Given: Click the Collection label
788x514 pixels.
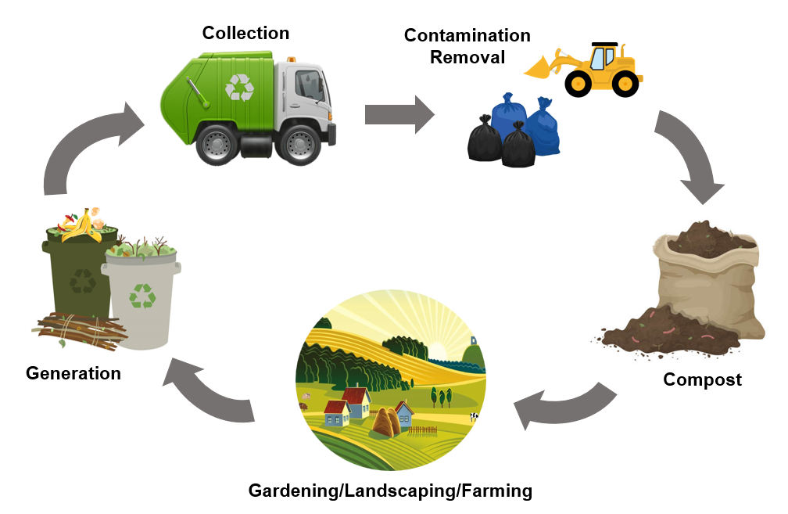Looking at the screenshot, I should [x=245, y=33].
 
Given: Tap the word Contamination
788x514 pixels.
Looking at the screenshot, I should [x=467, y=36].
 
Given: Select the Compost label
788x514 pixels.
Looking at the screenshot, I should [x=702, y=380].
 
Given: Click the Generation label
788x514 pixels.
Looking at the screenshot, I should [x=73, y=373].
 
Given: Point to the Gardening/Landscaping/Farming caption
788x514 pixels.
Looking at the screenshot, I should [x=390, y=491].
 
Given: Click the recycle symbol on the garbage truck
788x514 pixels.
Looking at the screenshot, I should [x=240, y=87].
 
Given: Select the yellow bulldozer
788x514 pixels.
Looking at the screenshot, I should [x=594, y=69].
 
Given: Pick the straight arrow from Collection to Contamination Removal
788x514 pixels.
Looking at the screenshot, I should [x=399, y=114].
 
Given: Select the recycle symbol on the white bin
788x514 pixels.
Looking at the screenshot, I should [x=142, y=295].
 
